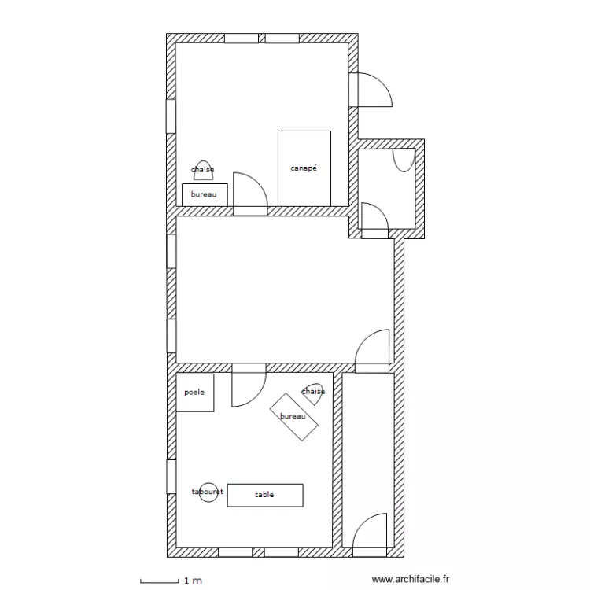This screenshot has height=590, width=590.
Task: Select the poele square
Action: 195,393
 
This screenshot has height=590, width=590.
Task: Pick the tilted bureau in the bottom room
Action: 294,417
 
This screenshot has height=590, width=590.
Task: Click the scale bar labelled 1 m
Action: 160,581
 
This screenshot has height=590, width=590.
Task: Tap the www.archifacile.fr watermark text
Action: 410,579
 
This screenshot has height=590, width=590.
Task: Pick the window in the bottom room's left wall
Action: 171,477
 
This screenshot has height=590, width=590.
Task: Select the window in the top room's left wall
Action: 171,116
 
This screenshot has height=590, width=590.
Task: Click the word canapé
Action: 304,168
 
